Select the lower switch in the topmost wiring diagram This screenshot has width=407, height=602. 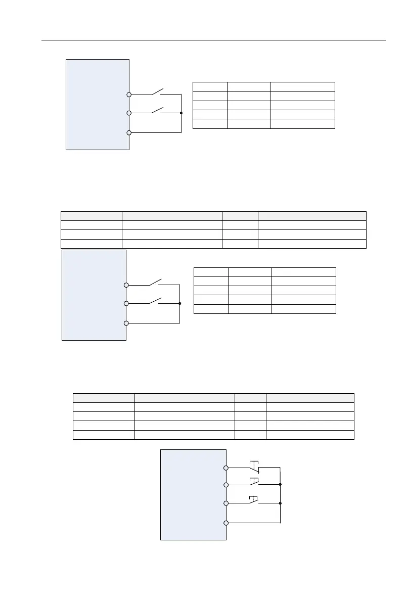(x=155, y=111)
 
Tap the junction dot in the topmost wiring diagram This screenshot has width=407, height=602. (x=180, y=113)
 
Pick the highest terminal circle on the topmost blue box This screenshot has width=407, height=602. (x=129, y=95)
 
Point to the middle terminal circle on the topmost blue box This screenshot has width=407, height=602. (x=129, y=113)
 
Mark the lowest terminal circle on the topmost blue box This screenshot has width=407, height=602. (x=129, y=132)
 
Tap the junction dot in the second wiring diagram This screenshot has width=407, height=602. (x=179, y=303)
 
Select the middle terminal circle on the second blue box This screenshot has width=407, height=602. (x=126, y=303)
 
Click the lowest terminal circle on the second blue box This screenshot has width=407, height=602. (x=126, y=323)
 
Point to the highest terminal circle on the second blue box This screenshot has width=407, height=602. (x=126, y=285)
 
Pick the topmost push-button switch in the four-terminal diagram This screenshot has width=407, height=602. (x=254, y=467)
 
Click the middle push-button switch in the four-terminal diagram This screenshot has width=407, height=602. (x=254, y=483)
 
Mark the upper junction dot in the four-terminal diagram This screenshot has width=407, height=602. (x=280, y=484)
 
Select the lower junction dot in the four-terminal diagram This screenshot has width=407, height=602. (x=280, y=503)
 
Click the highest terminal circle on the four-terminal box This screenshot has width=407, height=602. (x=227, y=468)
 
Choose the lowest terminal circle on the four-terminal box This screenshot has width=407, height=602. (x=227, y=523)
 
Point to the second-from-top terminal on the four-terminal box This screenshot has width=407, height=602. (x=227, y=485)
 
